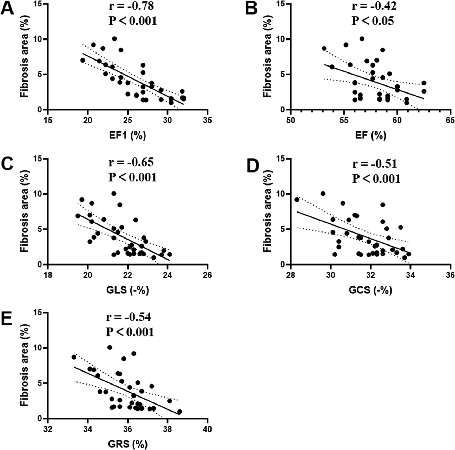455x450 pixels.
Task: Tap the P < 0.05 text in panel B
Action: pos(373,21)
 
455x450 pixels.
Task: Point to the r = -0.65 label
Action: pos(131,162)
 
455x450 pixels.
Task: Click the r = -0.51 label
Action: pos(375,164)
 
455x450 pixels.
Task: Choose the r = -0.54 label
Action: pos(129,317)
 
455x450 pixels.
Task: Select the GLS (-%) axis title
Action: pos(127,290)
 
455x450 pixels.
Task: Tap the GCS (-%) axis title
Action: pos(370,290)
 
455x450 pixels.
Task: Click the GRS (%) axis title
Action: pos(127,444)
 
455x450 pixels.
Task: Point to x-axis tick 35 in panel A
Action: pos(207,121)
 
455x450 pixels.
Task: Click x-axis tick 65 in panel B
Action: pos(450,121)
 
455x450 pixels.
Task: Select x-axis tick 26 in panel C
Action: pos(207,275)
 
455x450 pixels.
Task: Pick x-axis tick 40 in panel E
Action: pos(207,429)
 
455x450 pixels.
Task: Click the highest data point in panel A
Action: pos(114,39)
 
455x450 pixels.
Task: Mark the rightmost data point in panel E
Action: pos(180,412)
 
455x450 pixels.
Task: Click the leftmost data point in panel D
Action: pos(297,200)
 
